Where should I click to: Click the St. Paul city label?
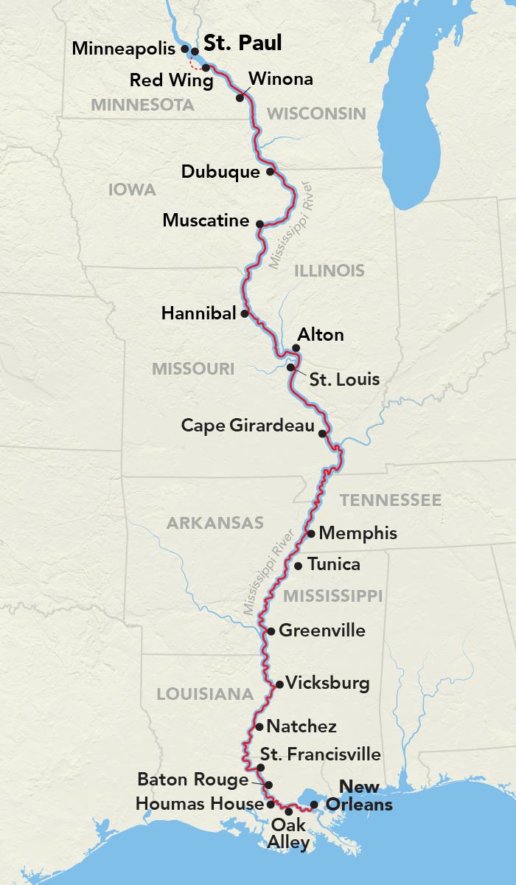coord(243,44)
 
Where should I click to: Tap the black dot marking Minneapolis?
coord(184,49)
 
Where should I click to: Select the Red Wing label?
coord(171,80)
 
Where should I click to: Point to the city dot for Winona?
coord(240,97)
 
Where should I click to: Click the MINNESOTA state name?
coord(142,105)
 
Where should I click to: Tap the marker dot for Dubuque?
coord(271,172)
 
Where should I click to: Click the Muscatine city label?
coord(206,220)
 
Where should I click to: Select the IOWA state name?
coord(132,190)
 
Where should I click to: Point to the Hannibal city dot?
coord(245,313)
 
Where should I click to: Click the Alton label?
coord(319,335)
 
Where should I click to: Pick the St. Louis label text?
coord(344,380)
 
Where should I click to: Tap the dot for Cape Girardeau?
coord(322,434)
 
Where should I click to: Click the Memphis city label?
coord(358,533)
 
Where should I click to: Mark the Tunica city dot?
coord(298,566)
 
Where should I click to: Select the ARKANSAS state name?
coord(215,524)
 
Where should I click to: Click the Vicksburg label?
coord(327,683)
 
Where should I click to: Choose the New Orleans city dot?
coord(314,805)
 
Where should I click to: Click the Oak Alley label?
coord(290,833)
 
